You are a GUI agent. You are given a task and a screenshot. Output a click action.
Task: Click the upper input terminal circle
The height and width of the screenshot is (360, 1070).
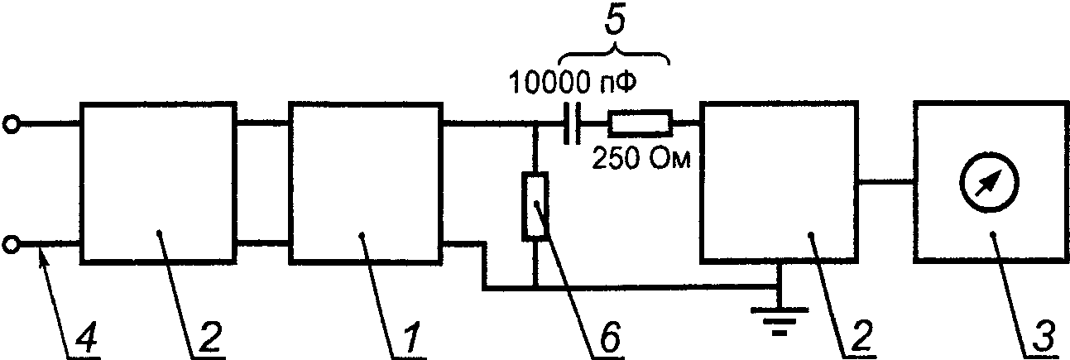tap(11, 125)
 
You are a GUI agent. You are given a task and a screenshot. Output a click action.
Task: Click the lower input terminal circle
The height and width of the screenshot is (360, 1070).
tap(11, 245)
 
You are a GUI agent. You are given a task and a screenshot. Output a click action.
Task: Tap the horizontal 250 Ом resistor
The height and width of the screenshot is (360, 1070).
tap(640, 123)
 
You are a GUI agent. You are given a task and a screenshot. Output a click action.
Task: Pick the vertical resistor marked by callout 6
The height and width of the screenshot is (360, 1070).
tap(535, 206)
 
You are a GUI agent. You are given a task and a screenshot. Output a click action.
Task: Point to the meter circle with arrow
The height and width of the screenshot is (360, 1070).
tap(989, 182)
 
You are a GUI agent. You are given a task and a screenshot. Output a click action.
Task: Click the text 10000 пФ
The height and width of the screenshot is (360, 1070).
tap(573, 83)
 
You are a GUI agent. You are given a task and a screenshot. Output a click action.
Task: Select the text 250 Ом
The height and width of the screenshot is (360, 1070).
tap(641, 159)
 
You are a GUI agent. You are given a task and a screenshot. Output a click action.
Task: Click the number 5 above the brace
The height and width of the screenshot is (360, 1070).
tap(615, 22)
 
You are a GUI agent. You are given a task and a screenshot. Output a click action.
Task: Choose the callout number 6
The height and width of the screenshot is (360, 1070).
tap(609, 338)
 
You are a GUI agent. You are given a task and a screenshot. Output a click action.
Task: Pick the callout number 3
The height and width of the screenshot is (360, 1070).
tap(1043, 338)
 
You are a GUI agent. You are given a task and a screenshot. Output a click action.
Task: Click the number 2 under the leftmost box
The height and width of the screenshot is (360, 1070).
tap(210, 338)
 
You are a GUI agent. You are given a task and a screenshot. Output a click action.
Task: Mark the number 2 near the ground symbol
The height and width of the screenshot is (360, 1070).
tap(860, 338)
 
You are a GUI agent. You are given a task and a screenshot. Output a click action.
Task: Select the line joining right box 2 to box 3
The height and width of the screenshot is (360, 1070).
tap(886, 182)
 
